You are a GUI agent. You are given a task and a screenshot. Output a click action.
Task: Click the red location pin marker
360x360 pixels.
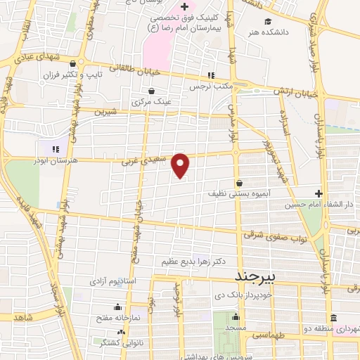181,165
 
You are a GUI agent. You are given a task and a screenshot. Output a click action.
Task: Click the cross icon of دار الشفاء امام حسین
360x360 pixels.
319,194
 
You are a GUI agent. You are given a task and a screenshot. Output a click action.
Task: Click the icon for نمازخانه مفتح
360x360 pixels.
117,307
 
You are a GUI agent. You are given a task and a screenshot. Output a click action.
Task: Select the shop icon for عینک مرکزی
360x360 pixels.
151,91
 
